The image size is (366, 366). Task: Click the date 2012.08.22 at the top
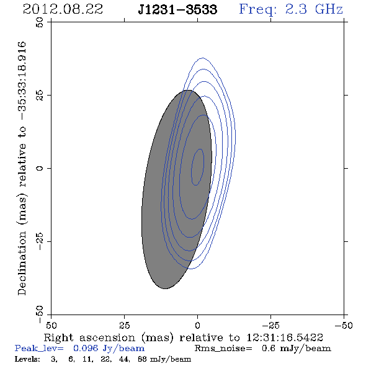[63, 9]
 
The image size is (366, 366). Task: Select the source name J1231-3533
[177, 9]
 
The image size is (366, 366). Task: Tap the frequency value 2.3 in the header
[296, 9]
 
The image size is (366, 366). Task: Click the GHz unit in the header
[329, 9]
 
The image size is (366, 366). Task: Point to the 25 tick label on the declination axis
[40, 96]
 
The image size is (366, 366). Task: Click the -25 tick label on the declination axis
[40, 241]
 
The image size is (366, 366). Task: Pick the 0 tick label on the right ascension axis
[197, 326]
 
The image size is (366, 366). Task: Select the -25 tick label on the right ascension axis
[270, 326]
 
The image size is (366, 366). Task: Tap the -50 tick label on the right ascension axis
[344, 326]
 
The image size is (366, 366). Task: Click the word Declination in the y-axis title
[22, 263]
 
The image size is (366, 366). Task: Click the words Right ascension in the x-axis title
[89, 337]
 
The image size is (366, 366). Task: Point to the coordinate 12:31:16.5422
[285, 337]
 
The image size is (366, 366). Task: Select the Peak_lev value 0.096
[86, 348]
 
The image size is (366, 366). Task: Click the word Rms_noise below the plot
[223, 349]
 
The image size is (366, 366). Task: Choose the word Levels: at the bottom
[27, 359]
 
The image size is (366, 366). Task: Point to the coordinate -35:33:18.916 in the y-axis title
[22, 81]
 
